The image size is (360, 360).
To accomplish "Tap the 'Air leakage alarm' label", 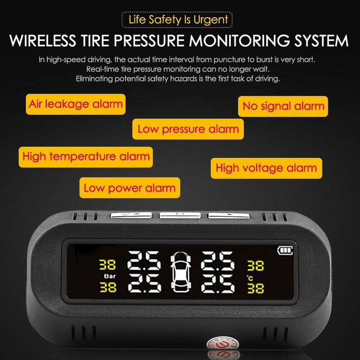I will (x=76, y=104).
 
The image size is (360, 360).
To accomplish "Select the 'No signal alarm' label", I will (x=283, y=106).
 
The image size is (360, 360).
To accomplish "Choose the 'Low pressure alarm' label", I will (x=188, y=129).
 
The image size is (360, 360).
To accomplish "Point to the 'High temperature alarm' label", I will (x=86, y=157).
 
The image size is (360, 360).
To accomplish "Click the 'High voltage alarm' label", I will (x=266, y=168).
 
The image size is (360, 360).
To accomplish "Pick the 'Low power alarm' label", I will (x=129, y=187).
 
